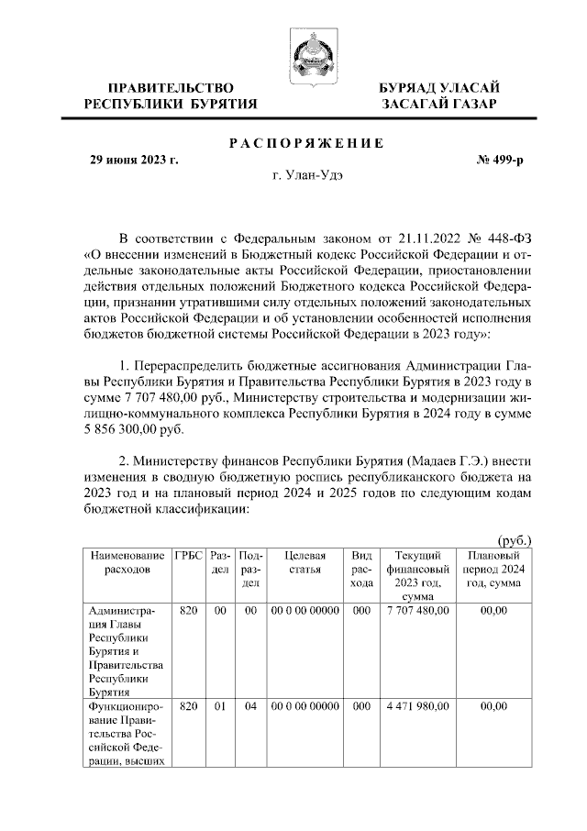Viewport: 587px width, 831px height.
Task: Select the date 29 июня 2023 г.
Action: click(x=133, y=160)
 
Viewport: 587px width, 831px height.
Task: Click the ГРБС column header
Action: click(x=188, y=556)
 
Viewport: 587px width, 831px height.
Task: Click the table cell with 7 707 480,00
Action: click(x=417, y=610)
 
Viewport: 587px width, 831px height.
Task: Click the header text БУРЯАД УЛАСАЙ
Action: click(x=440, y=87)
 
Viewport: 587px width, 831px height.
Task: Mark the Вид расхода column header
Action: click(x=361, y=569)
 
